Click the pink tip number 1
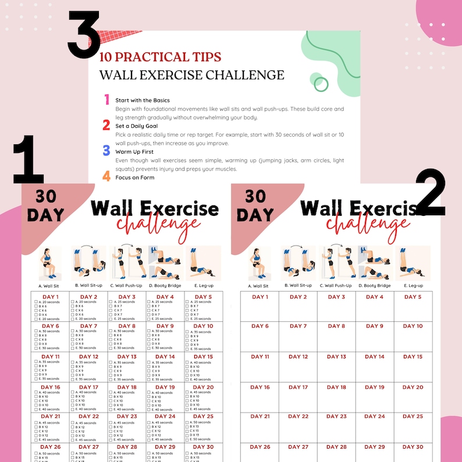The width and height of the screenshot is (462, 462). pyautogui.click(x=106, y=100)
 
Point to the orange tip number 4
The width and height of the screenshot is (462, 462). pyautogui.click(x=106, y=176)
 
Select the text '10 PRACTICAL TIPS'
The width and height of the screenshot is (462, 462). pyautogui.click(x=160, y=57)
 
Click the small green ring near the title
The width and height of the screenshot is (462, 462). pyautogui.click(x=321, y=85)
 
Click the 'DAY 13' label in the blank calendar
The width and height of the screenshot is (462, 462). pyautogui.click(x=336, y=357)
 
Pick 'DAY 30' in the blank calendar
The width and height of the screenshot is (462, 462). pyautogui.click(x=413, y=447)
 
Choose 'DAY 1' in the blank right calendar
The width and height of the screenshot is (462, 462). pyautogui.click(x=260, y=297)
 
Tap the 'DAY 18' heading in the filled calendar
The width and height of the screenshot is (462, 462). pyautogui.click(x=127, y=387)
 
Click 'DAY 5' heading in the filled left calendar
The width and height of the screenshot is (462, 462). pyautogui.click(x=203, y=297)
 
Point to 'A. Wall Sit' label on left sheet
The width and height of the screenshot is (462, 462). pyautogui.click(x=49, y=286)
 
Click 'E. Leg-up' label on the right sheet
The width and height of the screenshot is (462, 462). pyautogui.click(x=413, y=286)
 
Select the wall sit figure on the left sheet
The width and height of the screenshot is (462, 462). pyautogui.click(x=50, y=263)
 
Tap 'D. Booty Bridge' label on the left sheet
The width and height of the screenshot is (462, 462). pyautogui.click(x=165, y=286)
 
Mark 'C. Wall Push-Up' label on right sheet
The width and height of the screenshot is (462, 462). pyautogui.click(x=336, y=286)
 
